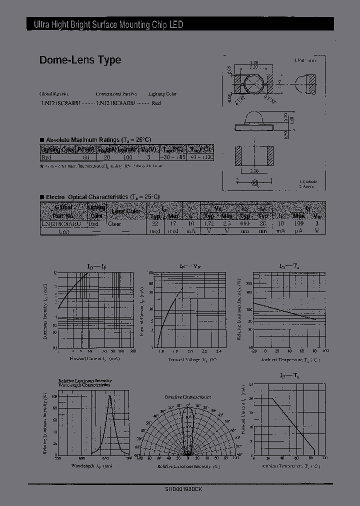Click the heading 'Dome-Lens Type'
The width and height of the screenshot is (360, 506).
(80, 60)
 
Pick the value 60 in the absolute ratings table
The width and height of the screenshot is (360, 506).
(86, 157)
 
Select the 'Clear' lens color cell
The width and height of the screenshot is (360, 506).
(114, 224)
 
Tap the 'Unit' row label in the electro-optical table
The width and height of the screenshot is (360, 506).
(63, 231)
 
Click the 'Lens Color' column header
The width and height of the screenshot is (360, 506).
(126, 211)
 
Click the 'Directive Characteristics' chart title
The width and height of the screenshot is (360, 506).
(187, 397)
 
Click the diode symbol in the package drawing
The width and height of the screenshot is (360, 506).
(255, 183)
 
